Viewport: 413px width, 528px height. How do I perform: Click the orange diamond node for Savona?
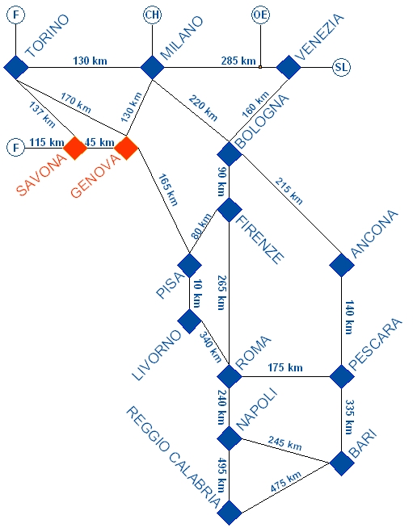tap(75, 148)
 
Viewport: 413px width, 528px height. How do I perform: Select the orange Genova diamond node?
tap(126, 148)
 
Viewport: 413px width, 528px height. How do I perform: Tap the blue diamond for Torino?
tap(16, 67)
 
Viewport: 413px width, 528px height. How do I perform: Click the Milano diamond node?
tap(152, 67)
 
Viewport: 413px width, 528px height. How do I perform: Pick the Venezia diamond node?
tap(289, 67)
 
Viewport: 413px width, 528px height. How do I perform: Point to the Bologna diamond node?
tap(230, 154)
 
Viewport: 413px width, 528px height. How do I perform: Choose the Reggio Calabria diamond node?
tap(230, 513)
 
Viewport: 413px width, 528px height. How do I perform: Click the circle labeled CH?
tap(153, 15)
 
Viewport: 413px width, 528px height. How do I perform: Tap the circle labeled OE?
tap(260, 15)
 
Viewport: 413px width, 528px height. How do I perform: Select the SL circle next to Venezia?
tap(342, 67)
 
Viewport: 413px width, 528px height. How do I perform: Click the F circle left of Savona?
tap(16, 148)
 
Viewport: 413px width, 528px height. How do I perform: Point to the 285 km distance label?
tap(238, 61)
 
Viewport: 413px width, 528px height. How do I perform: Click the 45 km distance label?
tap(99, 142)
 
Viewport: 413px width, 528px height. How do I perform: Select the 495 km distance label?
tap(221, 475)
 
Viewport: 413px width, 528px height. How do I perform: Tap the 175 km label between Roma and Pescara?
tap(285, 367)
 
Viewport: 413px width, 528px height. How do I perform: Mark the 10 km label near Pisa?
tap(197, 294)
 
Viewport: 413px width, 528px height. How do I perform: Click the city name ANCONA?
tap(374, 234)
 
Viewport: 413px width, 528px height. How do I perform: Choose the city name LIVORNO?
tap(157, 355)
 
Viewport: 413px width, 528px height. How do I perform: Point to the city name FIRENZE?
tap(259, 240)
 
